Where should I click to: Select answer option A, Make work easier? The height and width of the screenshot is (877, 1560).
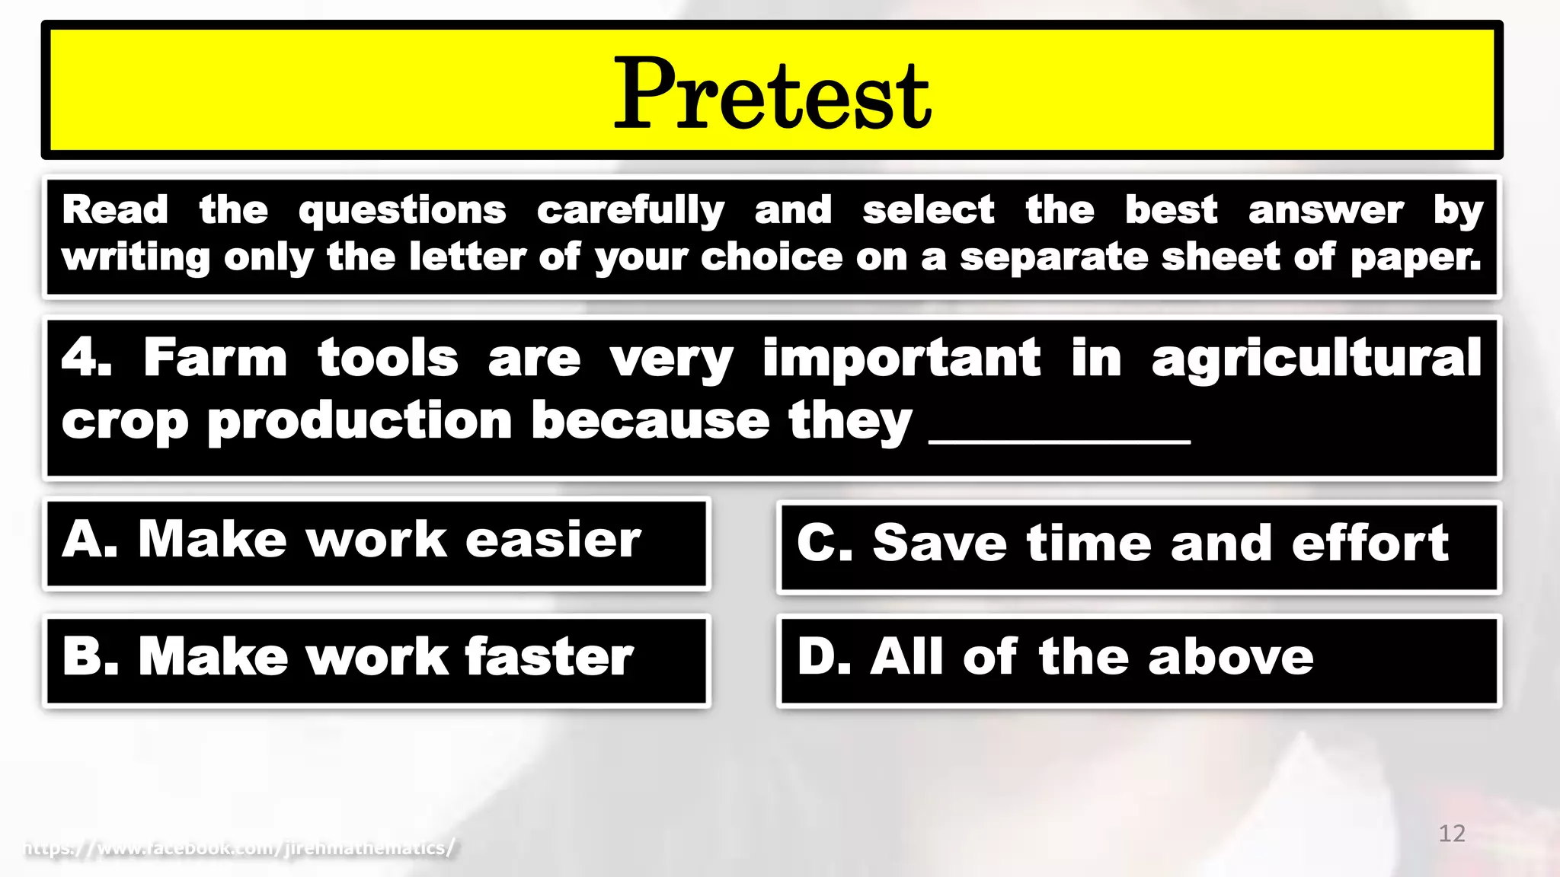pyautogui.click(x=376, y=543)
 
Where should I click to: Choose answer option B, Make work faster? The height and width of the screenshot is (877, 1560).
pyautogui.click(x=376, y=659)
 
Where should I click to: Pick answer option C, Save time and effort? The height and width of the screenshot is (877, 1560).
pyautogui.click(x=1138, y=546)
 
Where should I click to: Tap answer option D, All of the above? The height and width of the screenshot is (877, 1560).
pyautogui.click(x=1138, y=659)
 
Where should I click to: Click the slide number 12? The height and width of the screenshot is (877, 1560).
pyautogui.click(x=1451, y=834)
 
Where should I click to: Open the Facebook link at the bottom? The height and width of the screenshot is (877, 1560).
pyautogui.click(x=240, y=847)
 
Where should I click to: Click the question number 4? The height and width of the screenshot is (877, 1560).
pyautogui.click(x=85, y=358)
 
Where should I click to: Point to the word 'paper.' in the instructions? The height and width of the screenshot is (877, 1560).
pyautogui.click(x=1415, y=257)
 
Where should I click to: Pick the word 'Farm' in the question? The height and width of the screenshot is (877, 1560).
pyautogui.click(x=215, y=358)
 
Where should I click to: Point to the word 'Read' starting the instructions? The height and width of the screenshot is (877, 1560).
pyautogui.click(x=115, y=210)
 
